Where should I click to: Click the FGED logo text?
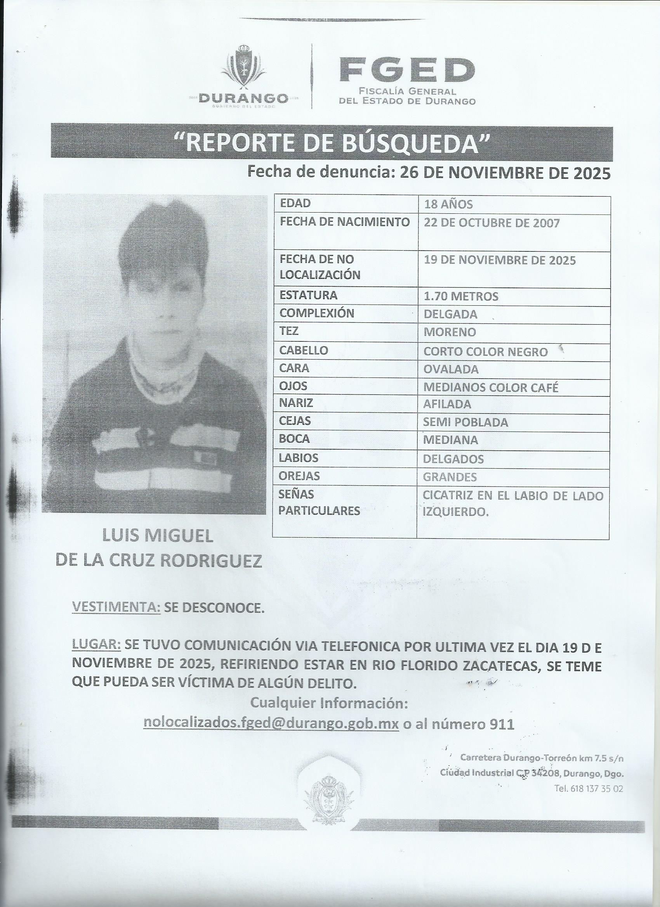point(407,69)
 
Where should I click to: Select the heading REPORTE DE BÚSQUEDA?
point(332,143)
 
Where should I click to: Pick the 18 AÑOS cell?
point(448,204)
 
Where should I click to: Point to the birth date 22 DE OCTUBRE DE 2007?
point(492,223)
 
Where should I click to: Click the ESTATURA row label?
point(309,296)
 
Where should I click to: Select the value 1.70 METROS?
point(461,296)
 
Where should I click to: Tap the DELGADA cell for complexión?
point(450,314)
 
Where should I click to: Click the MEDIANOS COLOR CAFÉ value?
point(491,387)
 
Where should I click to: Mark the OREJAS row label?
point(300,476)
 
